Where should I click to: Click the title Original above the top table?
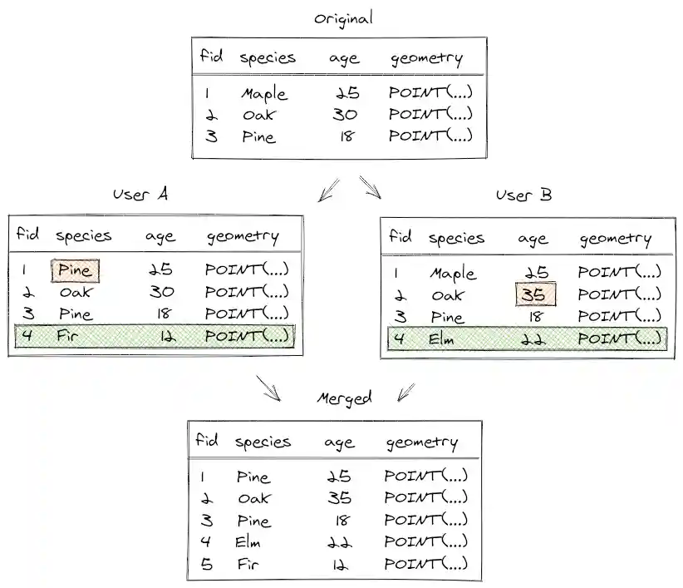coord(343,18)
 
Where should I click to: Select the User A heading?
coord(140,194)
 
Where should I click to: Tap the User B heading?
coord(523,195)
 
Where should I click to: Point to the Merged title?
coord(344,398)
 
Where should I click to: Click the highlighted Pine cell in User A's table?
coord(76,270)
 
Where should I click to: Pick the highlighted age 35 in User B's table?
coord(533,294)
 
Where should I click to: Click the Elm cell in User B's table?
coord(443,338)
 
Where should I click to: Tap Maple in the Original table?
coord(264,93)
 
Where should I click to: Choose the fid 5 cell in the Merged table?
coord(203,564)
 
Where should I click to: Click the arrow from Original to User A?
coord(327,190)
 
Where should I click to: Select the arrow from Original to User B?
coord(371,188)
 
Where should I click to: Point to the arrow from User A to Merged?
coord(268,387)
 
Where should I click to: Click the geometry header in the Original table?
coord(425,58)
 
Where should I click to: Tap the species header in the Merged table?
coord(263,442)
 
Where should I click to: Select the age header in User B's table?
coord(533,240)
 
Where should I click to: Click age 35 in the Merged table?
coord(338,498)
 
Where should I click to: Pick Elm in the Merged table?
coord(248,542)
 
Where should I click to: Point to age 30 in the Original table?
coord(344,115)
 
